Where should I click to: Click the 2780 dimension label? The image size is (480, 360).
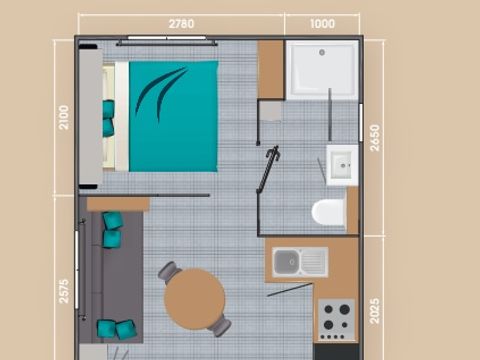[x=181, y=23]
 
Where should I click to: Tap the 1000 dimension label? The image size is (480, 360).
[x=322, y=23]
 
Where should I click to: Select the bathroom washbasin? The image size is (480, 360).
[x=340, y=163]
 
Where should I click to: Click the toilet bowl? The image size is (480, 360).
[x=328, y=212]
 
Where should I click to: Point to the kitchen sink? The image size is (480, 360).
[x=299, y=262]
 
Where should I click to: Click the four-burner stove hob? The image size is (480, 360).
[x=336, y=319]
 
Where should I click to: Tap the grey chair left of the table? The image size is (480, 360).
[x=168, y=272]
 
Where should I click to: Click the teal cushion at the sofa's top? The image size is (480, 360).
[x=111, y=221]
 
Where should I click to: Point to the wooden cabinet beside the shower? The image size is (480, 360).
[x=271, y=69]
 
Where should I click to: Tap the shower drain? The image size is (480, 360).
[x=322, y=51]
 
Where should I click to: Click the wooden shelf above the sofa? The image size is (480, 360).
[x=118, y=203]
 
